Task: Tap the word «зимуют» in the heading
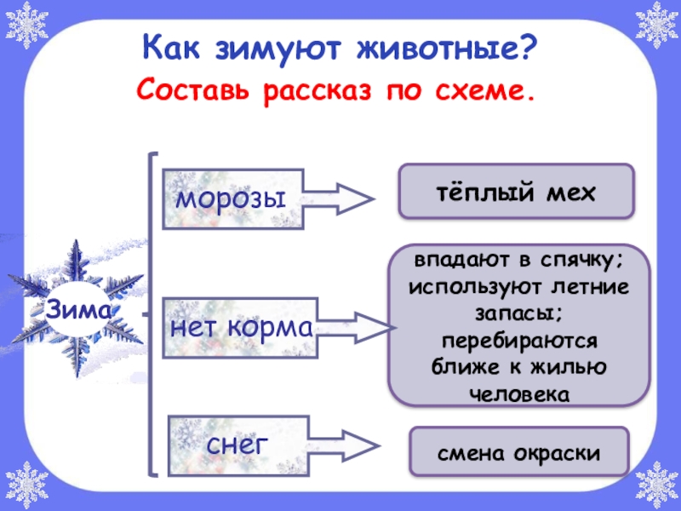coord(277,46)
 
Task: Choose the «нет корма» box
coord(242,327)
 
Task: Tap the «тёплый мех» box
coord(517,192)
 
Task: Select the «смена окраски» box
coord(518,452)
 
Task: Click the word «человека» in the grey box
coord(518,394)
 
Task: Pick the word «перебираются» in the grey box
coord(518,341)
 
